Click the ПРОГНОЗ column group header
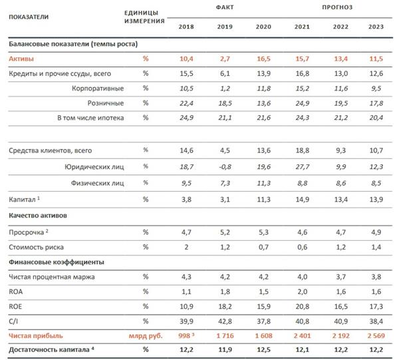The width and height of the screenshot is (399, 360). pos(339,7)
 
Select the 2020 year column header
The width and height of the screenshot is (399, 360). pos(263,26)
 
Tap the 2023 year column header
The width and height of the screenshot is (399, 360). pos(377,26)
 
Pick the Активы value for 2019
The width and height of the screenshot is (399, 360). pos(225,59)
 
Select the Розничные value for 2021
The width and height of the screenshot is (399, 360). pos(301,103)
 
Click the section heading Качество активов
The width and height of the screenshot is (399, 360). pos(39,216)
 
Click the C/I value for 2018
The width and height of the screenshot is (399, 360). pos(187,320)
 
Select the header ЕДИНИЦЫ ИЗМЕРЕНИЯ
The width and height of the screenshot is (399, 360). pos(146,17)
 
